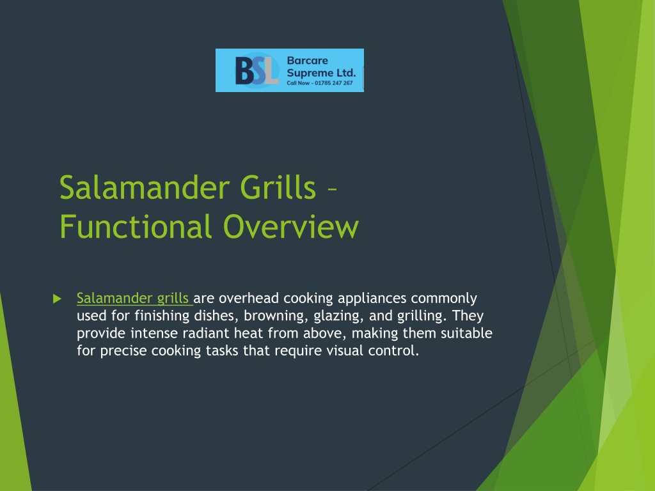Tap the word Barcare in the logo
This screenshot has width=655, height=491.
[x=308, y=61]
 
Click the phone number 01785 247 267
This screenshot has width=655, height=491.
[x=334, y=83]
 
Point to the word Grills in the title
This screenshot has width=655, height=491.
[x=278, y=187]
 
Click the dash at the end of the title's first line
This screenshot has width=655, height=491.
[x=332, y=191]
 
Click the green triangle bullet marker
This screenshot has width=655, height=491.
[x=57, y=299]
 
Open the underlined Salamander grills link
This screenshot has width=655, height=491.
[x=133, y=298]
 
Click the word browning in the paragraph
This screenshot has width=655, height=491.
[x=276, y=316]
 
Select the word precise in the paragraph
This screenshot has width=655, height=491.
[x=123, y=351]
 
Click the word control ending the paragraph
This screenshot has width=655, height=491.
[x=393, y=351]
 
